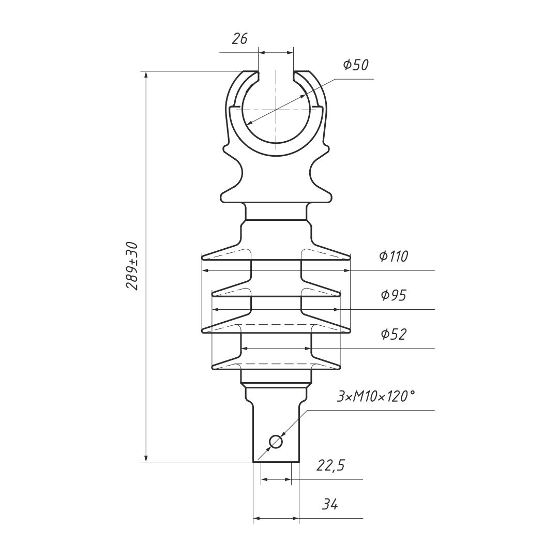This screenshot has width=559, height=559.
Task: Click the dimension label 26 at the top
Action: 239,38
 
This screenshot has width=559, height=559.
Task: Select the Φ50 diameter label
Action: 356,65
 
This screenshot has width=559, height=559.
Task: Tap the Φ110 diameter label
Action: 394,256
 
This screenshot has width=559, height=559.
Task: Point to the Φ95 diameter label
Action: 394,295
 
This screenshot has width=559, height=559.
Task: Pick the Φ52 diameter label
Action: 394,334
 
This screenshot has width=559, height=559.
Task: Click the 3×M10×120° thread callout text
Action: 376,396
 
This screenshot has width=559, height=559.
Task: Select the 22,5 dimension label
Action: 330,465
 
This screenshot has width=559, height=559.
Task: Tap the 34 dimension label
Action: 330,504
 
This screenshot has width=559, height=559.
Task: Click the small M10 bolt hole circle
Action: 276,442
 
